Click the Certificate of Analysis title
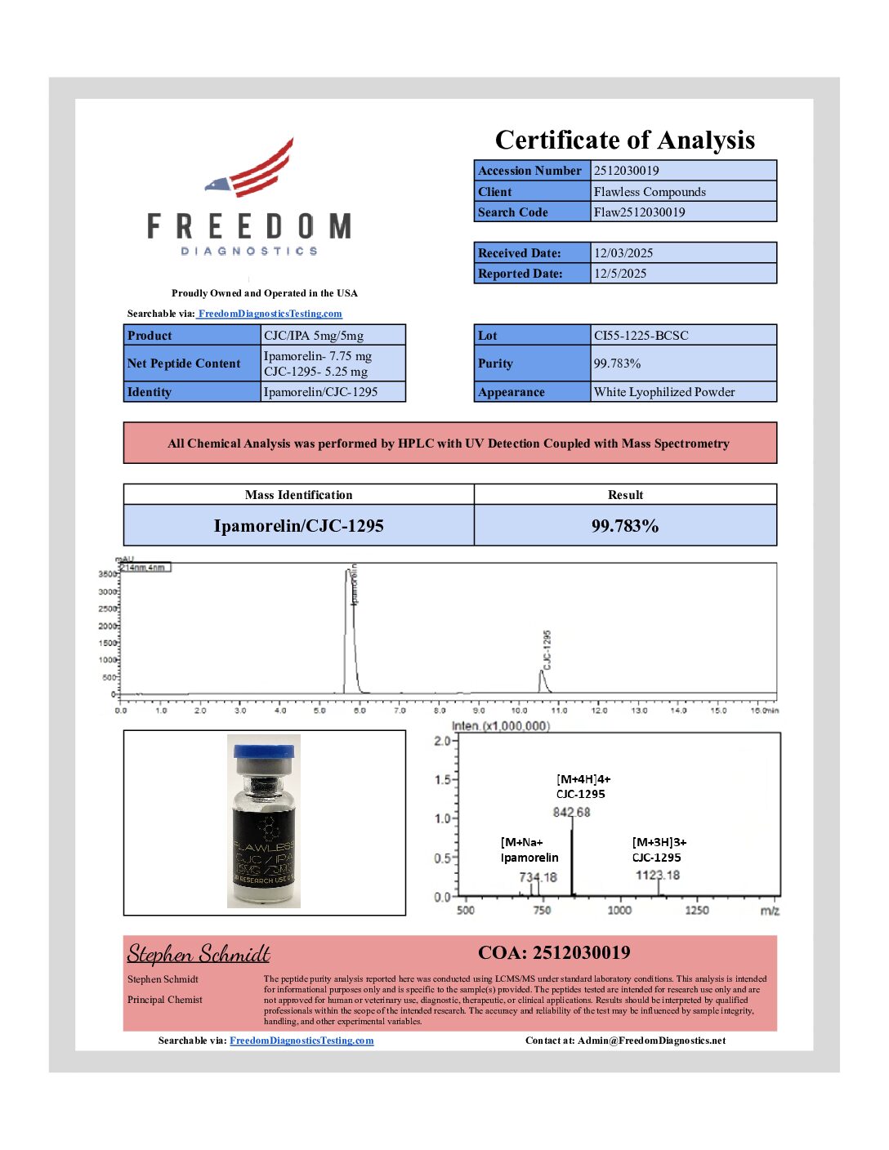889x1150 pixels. click(624, 140)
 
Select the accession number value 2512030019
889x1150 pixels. click(626, 171)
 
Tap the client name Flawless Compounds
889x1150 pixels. click(650, 192)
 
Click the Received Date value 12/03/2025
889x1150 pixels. click(623, 253)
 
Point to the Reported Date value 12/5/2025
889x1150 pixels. click(620, 274)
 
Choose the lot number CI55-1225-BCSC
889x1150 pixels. click(641, 336)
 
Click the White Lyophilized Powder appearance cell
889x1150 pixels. click(664, 392)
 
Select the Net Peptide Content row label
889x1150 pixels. click(184, 363)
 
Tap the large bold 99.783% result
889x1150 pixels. click(625, 526)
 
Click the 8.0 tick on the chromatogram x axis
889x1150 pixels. click(440, 711)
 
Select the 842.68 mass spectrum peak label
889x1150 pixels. click(571, 813)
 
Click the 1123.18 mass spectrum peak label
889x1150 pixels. click(658, 876)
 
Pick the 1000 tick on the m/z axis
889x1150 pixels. click(619, 910)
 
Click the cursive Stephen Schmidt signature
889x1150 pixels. click(199, 954)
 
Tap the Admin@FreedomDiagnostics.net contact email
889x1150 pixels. click(651, 1041)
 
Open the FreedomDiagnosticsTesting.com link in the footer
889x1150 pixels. click(302, 1041)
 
